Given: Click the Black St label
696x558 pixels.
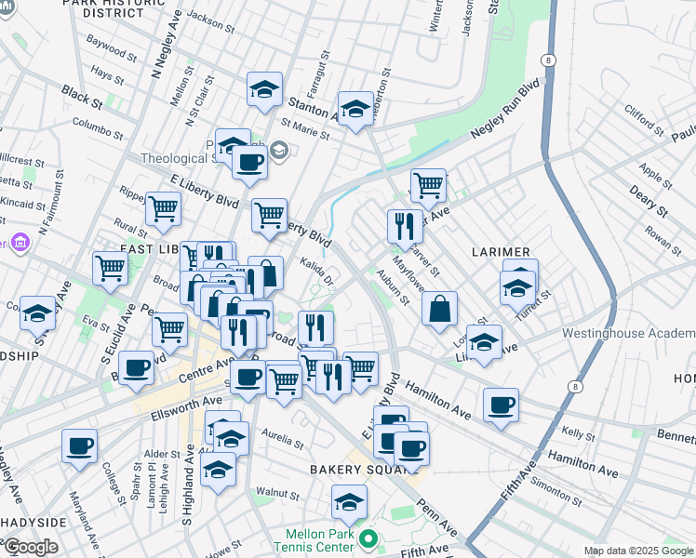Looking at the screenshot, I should (82, 94).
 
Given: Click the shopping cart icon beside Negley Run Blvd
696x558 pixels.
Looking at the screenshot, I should (428, 184).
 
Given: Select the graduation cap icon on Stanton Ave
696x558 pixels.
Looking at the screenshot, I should (355, 110).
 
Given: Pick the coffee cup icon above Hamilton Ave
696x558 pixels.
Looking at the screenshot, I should (501, 405).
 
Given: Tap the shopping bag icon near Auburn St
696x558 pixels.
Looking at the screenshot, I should (439, 308).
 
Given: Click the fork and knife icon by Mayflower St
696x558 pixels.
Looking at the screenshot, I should (405, 226).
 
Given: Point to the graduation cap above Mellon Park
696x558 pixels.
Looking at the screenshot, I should (349, 503).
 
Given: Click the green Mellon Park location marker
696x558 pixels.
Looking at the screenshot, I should (368, 538).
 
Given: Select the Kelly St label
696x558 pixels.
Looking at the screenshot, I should (578, 434).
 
